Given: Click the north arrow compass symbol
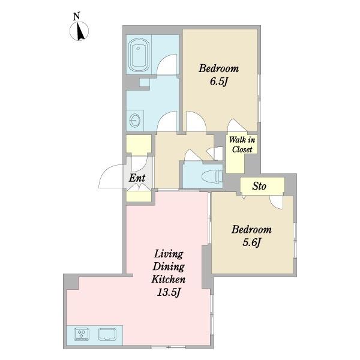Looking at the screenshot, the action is (x=79, y=31).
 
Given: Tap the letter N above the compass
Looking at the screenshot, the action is (x=77, y=17).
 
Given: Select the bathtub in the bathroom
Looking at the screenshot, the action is (x=138, y=55).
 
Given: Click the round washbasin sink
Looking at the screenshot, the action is (x=135, y=121).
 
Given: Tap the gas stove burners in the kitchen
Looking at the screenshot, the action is (x=82, y=334).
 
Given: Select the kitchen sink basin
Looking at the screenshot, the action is (x=107, y=334).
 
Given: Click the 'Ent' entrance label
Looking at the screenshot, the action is (x=137, y=178).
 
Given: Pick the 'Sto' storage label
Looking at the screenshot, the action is (x=259, y=186).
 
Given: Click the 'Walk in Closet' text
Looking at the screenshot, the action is (x=242, y=145).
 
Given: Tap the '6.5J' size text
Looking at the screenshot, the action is (x=219, y=82).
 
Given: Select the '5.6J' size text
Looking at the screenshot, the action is (x=252, y=242).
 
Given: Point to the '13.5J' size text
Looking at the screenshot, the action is (x=168, y=292).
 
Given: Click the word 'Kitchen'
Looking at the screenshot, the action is (x=168, y=280).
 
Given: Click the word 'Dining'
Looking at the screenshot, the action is (x=169, y=267).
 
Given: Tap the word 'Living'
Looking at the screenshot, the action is (x=169, y=254).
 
